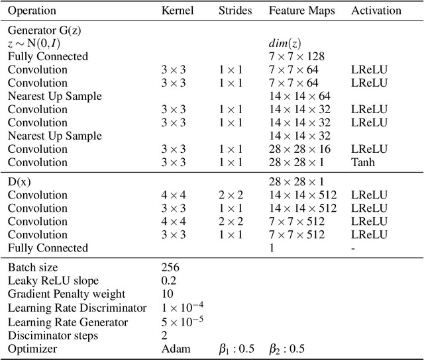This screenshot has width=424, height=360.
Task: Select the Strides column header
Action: click(235, 11)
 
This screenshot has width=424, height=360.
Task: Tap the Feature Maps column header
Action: click(302, 11)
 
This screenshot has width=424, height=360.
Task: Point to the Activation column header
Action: click(376, 11)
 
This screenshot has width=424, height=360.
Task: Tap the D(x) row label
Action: click(20, 181)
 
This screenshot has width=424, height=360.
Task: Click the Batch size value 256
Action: click(171, 267)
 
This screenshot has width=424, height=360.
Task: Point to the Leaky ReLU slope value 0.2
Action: click(169, 281)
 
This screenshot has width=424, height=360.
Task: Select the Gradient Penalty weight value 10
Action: click(167, 294)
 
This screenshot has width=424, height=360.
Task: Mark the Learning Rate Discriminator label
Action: click(77, 308)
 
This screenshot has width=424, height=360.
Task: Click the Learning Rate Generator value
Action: click(180, 321)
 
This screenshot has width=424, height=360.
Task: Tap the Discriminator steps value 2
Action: click(164, 335)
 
